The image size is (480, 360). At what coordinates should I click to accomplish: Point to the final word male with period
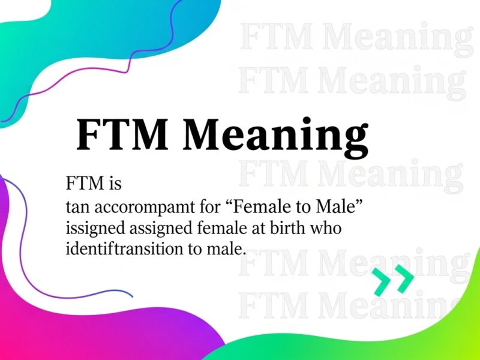(230, 249)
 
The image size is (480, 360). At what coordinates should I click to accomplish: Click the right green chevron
(403, 281)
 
